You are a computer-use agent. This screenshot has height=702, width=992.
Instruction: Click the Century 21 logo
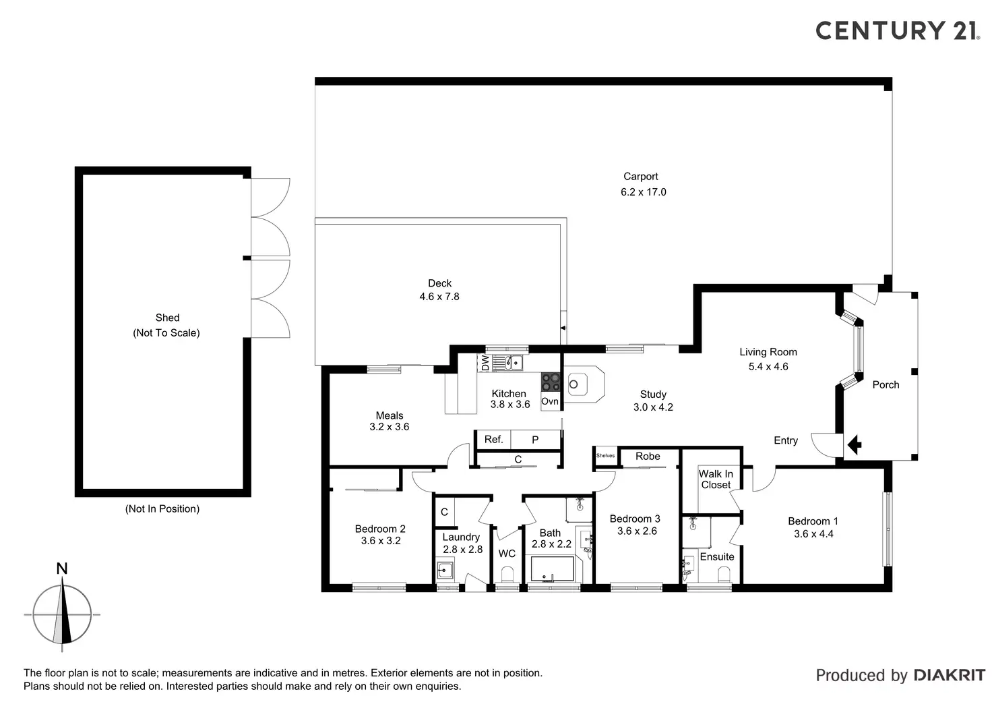click(x=896, y=30)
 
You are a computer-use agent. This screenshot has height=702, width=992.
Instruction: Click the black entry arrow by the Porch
click(x=855, y=444)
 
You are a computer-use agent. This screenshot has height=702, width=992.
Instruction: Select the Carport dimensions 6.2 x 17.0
click(x=643, y=192)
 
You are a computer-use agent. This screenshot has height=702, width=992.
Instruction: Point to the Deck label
click(x=439, y=283)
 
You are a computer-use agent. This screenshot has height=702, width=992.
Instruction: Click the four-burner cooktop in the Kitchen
click(x=551, y=382)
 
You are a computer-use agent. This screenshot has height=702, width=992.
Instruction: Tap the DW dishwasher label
click(x=485, y=363)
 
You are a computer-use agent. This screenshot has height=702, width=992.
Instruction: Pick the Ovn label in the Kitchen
click(x=550, y=401)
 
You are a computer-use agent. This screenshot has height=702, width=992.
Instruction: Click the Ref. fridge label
click(x=493, y=440)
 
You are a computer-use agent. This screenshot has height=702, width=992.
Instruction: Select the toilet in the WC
click(x=507, y=575)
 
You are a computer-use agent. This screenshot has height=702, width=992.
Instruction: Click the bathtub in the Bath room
click(x=552, y=568)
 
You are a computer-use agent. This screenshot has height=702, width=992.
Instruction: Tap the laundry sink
click(x=445, y=571)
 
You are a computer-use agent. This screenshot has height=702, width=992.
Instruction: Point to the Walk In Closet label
click(x=716, y=479)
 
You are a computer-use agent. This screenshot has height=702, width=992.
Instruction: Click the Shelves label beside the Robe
click(x=605, y=456)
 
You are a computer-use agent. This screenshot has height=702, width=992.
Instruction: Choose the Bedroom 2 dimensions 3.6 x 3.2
click(x=381, y=541)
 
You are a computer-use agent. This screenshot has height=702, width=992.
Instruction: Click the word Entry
click(x=786, y=440)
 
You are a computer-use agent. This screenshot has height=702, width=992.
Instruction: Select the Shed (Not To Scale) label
click(x=167, y=325)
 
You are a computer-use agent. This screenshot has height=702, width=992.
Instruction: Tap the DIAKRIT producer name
click(x=949, y=675)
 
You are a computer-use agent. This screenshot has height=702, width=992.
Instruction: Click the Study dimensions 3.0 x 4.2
click(x=653, y=407)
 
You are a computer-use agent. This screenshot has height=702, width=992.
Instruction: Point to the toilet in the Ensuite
click(x=724, y=575)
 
